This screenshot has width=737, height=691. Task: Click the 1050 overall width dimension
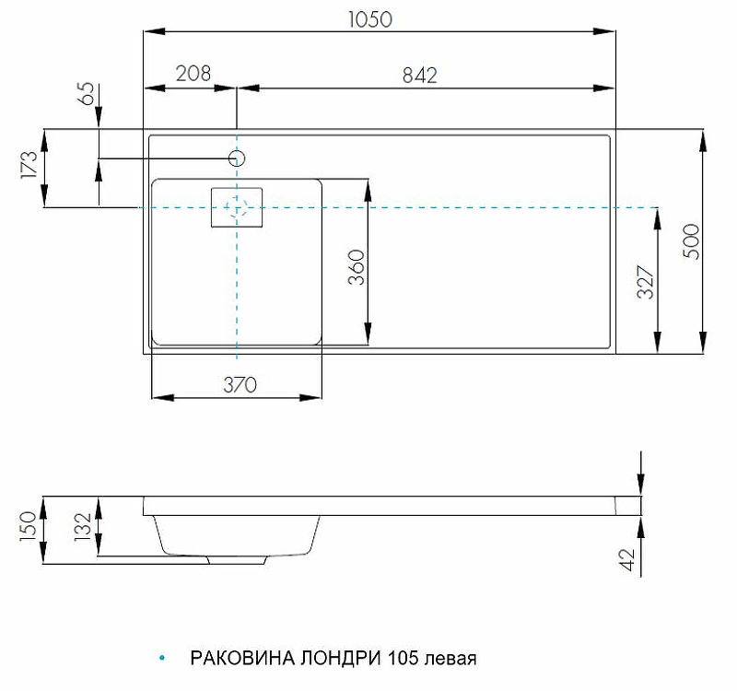coord(370,19)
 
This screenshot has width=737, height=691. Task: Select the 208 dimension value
coord(193,74)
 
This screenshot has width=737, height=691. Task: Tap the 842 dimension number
coord(420,76)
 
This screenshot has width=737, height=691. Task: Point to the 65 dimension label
coord(88,94)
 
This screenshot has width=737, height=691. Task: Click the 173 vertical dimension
coord(29,165)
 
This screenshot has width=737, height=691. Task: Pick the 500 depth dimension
coord(692,241)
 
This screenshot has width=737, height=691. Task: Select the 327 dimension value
coord(646,282)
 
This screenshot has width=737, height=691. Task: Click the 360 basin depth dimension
coord(357,267)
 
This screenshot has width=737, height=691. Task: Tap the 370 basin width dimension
coord(240,385)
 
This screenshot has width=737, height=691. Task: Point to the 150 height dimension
coord(29,526)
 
